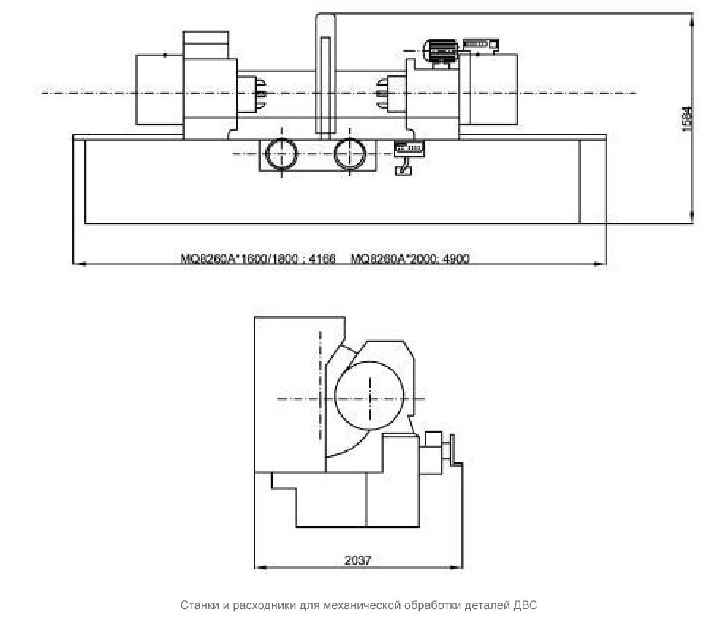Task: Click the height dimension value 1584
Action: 688,119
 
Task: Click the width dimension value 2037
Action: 357,560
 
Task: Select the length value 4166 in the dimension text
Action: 322,258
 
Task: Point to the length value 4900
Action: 456,258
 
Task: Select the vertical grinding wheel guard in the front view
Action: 326,77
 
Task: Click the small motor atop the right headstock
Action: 441,51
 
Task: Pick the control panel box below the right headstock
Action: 409,148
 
